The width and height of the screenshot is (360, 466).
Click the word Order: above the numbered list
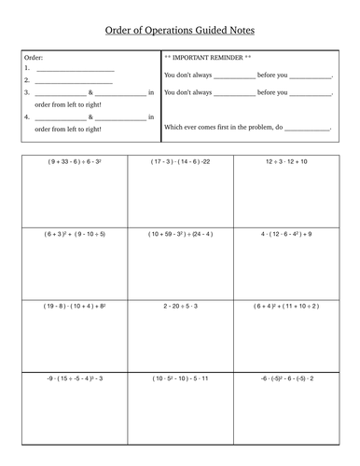[x=33, y=58]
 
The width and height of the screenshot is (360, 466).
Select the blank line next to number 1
[x=74, y=70]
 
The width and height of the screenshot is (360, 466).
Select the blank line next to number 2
[x=74, y=82]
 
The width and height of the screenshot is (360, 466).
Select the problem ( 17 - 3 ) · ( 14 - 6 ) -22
[x=181, y=160]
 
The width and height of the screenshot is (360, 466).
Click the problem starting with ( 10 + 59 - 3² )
[x=181, y=233]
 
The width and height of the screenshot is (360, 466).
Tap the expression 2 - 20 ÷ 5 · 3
[x=181, y=305]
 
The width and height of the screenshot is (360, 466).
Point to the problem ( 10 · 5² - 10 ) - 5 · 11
[x=181, y=377]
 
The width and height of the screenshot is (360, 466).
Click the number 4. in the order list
[x=27, y=117]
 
